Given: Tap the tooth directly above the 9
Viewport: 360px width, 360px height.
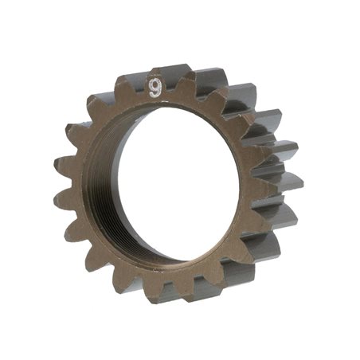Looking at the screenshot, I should click(155, 78).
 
